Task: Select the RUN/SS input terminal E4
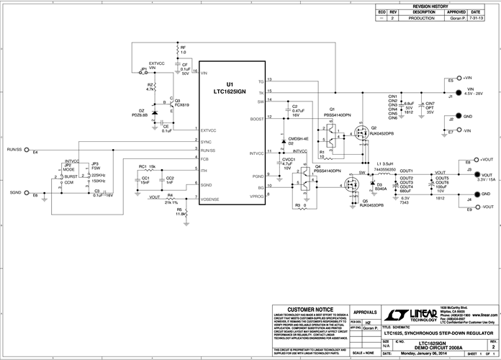[27, 150]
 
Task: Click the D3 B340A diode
[371, 186]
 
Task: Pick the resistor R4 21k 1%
[170, 199]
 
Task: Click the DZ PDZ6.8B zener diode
[154, 114]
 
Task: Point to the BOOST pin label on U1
[256, 118]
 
